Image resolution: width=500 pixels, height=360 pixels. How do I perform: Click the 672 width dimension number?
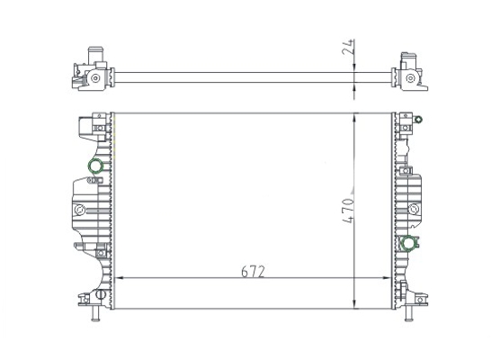tap(253, 272)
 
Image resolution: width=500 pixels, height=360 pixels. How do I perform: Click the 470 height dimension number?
tap(348, 211)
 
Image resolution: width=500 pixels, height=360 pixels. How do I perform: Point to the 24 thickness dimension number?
tap(348, 47)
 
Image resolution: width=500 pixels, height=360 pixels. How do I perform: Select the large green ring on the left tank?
tap(95, 166)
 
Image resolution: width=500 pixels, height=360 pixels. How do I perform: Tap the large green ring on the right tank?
tap(408, 243)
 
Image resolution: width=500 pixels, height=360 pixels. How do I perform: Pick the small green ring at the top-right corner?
tap(418, 120)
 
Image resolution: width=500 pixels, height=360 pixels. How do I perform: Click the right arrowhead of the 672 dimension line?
tap(387, 278)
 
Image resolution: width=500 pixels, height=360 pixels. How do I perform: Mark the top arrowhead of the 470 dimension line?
tap(354, 117)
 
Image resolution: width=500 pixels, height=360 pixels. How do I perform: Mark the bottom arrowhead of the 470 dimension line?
tap(354, 304)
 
